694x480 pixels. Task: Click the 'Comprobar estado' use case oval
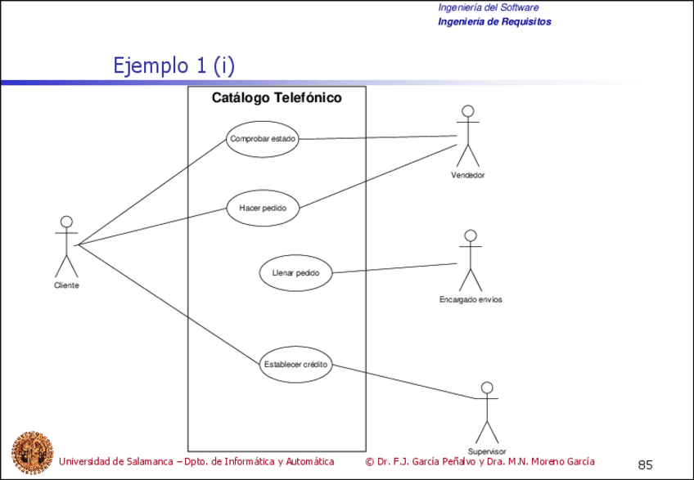click(263, 139)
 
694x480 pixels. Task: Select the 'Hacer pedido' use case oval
click(263, 208)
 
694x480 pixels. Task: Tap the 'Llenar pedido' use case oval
click(295, 272)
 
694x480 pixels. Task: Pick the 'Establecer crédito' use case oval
click(295, 365)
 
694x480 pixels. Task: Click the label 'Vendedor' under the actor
click(467, 176)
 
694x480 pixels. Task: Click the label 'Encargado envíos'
click(471, 300)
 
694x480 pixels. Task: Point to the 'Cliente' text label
click(66, 285)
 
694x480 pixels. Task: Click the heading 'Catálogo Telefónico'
click(277, 98)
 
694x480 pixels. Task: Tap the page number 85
click(645, 464)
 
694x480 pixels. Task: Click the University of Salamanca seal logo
click(32, 450)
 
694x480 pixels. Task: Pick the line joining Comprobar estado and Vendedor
click(376, 137)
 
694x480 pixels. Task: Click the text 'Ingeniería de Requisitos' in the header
click(494, 21)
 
